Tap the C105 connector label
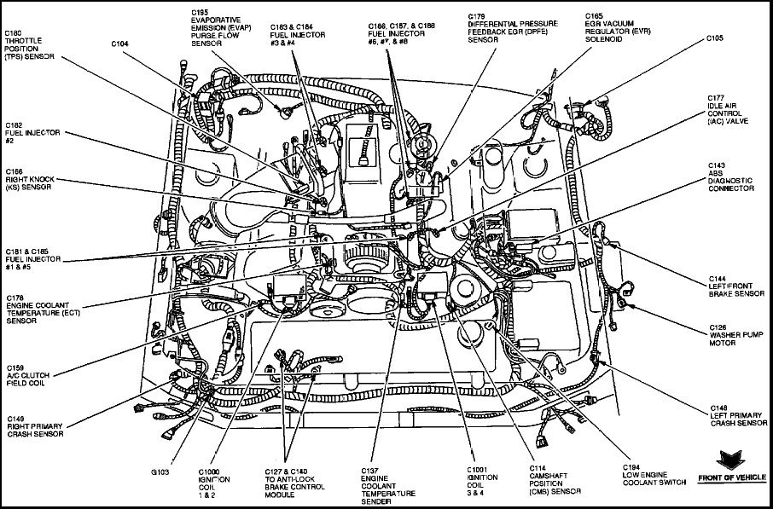715,38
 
